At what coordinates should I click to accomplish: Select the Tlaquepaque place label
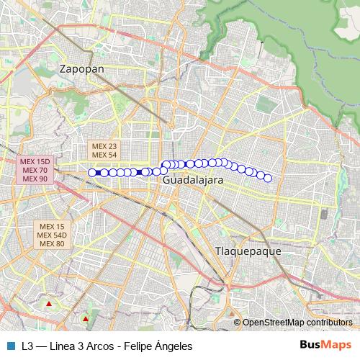[x=248, y=251]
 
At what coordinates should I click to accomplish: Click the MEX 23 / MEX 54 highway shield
[x=103, y=150]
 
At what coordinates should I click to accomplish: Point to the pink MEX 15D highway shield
[x=35, y=161]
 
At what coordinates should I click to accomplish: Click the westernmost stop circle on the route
[x=92, y=172]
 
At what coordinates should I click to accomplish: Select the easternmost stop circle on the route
[x=268, y=178]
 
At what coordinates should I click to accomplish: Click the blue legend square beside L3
[x=10, y=346]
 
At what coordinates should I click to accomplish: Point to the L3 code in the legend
[x=27, y=346]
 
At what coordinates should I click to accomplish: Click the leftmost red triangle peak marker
[x=48, y=304]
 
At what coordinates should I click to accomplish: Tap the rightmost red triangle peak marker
[x=86, y=318]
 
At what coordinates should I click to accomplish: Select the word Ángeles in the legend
[x=175, y=346]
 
